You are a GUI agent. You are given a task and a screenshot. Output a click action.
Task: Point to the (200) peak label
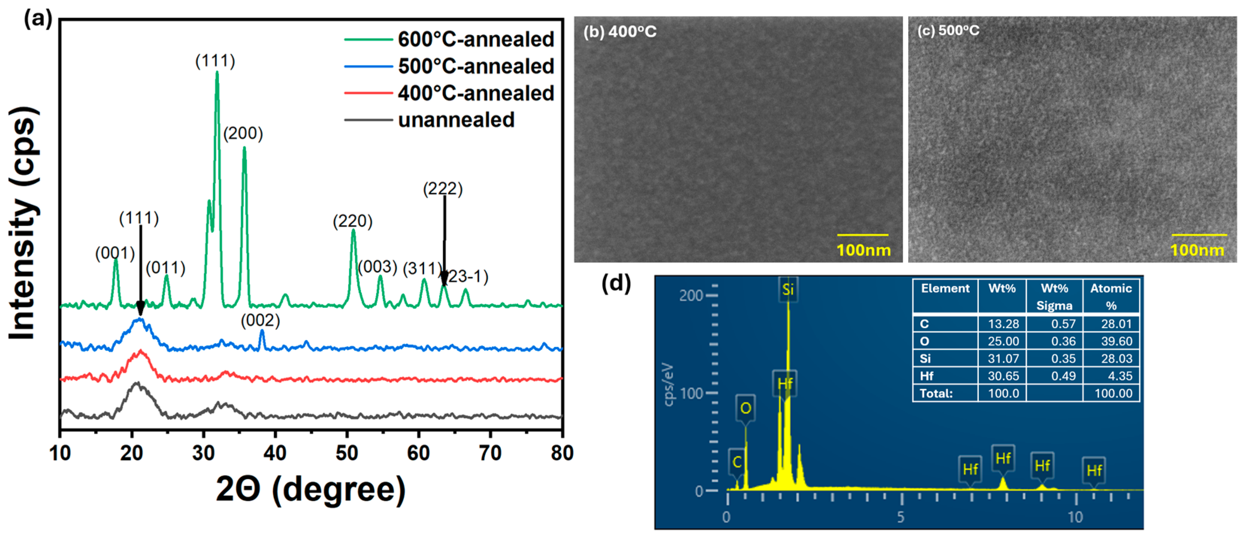(243, 134)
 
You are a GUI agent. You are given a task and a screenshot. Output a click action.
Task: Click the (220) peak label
(353, 221)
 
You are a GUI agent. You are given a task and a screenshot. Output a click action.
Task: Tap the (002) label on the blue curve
(260, 321)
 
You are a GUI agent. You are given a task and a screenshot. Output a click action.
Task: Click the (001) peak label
(115, 253)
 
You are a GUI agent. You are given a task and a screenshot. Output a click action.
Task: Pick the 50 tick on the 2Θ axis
(346, 454)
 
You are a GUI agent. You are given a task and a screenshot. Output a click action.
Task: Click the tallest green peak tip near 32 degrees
(217, 73)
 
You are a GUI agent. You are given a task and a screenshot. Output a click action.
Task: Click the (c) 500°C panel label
(948, 31)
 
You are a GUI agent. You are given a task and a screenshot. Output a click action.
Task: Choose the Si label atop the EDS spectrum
(788, 290)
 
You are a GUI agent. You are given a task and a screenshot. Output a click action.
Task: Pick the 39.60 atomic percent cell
(1116, 341)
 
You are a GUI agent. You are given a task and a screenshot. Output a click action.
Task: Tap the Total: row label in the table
(936, 393)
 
